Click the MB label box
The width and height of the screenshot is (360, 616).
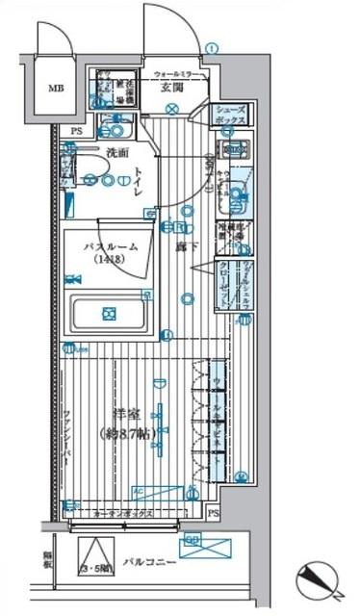tap(55, 91)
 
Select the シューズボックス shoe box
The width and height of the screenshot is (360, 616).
tap(231, 115)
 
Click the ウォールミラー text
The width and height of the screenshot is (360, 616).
tap(177, 74)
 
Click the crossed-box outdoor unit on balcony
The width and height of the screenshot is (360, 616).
tap(206, 548)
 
